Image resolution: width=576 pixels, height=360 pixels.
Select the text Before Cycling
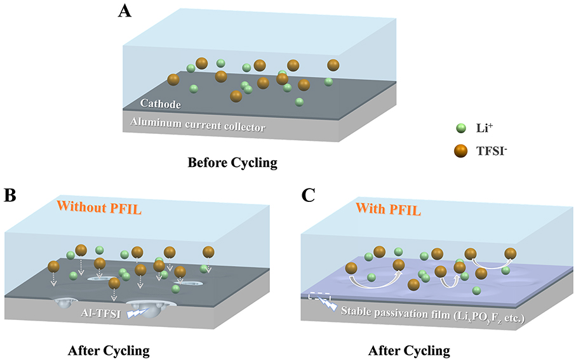pos(232,163)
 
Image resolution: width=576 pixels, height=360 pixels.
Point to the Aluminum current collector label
pos(198,125)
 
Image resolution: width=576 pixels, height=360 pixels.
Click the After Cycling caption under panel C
pos(409,350)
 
